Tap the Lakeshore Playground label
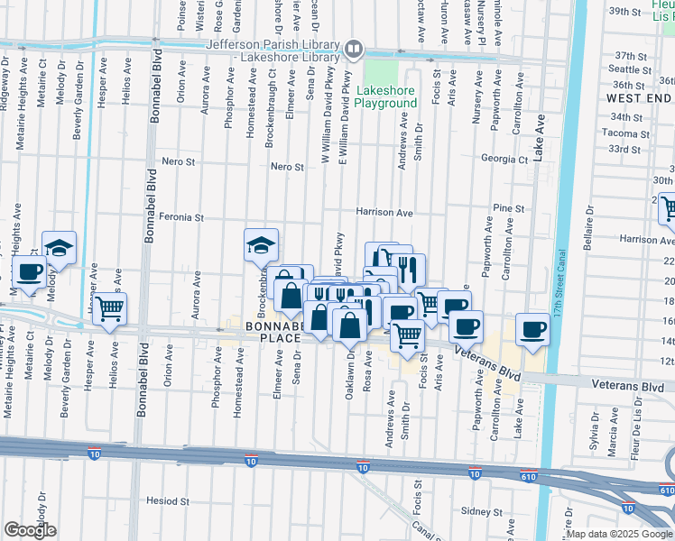point(386,97)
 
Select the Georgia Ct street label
point(504,160)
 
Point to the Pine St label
point(508,208)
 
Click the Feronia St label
point(182,217)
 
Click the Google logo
point(29,530)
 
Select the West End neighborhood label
point(638,97)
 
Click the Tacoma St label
point(626,133)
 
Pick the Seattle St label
point(630,69)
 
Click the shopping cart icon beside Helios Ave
point(110,309)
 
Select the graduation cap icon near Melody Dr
point(59,248)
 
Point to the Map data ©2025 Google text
point(619,534)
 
